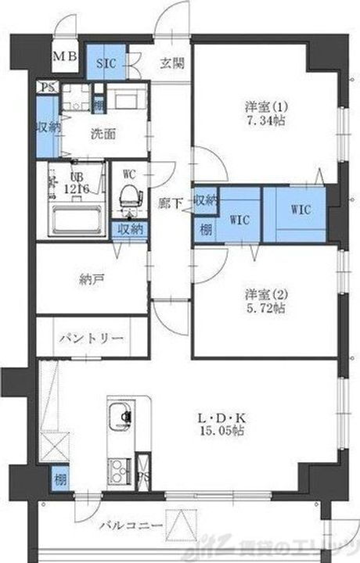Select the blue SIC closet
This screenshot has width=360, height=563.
pos(106,62)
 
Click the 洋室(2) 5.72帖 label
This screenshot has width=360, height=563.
pos(265,301)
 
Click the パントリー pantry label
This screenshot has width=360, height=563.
pos(90,338)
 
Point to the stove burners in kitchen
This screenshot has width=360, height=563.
pos(120,470)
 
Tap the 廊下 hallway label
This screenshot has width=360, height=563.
pos(171,203)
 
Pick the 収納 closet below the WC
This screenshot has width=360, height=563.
pos(130,229)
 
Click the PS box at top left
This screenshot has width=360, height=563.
pos(49,88)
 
